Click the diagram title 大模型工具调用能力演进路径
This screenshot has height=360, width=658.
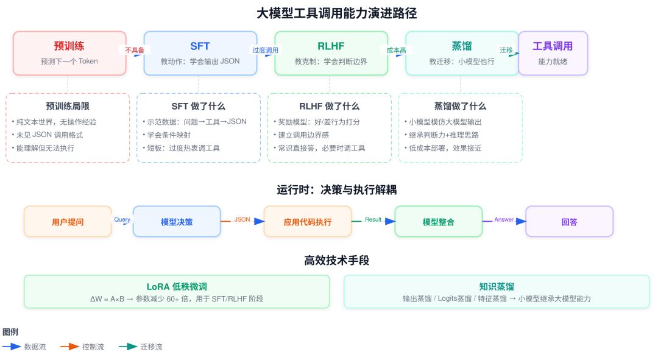click(336, 13)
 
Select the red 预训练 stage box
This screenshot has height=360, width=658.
click(69, 53)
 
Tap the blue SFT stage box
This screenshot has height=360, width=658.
click(200, 53)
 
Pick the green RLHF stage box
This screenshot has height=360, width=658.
click(331, 53)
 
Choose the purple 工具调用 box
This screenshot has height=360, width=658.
click(553, 53)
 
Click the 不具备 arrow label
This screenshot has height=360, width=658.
click(134, 51)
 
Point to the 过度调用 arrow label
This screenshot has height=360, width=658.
click(265, 51)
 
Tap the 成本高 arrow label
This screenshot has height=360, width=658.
click(396, 51)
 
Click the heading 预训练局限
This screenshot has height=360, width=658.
click(68, 106)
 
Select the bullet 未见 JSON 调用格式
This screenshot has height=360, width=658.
click(48, 135)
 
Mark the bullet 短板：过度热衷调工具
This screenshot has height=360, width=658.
click(182, 148)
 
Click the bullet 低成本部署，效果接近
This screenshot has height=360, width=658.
click(443, 148)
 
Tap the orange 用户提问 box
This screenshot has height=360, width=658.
click(68, 222)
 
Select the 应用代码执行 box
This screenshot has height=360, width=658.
click(308, 222)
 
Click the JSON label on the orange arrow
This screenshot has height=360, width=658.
click(242, 219)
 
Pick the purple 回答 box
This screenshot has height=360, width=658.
click(570, 222)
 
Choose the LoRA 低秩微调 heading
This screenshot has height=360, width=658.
click(177, 286)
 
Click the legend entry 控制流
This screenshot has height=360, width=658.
click(93, 347)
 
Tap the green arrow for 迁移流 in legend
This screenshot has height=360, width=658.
click(128, 347)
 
